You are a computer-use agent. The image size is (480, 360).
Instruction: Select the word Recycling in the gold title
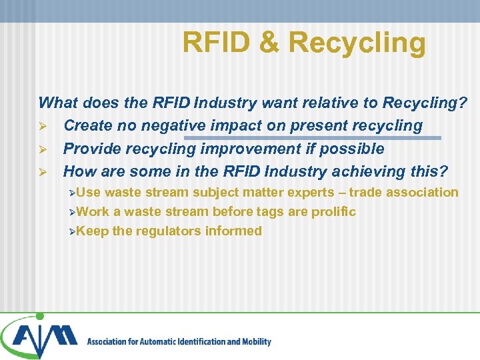(x=357, y=43)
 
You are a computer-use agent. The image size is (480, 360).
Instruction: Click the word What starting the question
(x=57, y=103)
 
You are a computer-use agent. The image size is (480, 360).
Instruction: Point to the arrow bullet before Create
(x=43, y=126)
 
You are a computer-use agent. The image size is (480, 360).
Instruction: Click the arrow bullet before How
(x=43, y=172)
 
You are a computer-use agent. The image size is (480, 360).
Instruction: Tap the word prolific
(x=333, y=212)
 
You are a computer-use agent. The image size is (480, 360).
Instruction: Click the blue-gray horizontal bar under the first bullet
(x=313, y=138)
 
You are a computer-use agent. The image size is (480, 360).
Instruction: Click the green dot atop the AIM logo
(x=39, y=316)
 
